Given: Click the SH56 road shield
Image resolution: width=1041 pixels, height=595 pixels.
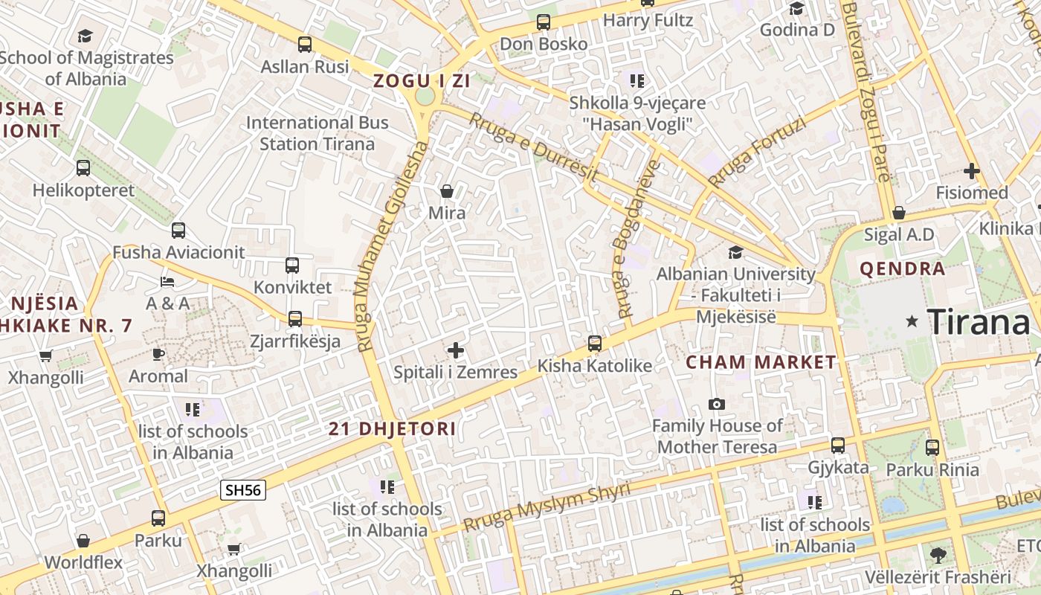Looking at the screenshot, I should coord(243,490).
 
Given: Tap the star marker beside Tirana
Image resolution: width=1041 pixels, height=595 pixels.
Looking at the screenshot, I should coord(912,321).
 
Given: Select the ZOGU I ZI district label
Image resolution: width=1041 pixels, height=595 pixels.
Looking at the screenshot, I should coord(422,81).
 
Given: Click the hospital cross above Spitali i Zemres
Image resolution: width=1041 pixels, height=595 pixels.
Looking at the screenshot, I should coord(456,350).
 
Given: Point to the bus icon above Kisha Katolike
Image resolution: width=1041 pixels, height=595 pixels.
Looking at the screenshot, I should coord(595,344).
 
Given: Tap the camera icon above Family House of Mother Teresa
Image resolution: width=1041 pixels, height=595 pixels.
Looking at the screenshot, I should coord(717,404).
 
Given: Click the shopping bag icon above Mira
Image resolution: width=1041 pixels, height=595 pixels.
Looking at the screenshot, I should coord(447,191).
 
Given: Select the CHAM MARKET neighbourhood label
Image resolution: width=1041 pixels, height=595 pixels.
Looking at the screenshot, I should coord(761,363).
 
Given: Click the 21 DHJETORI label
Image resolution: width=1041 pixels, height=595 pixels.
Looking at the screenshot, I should coord(393,429).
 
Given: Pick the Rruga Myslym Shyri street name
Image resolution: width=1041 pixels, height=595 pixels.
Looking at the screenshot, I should coord(547,506).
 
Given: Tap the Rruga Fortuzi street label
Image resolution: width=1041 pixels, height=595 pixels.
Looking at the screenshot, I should coord(757,152).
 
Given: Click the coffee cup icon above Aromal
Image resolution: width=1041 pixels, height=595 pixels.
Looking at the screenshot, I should coord(158,354).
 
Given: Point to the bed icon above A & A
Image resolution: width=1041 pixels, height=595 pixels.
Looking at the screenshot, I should coord(167,282).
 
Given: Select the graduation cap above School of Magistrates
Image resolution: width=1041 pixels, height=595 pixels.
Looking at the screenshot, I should coord(86,36).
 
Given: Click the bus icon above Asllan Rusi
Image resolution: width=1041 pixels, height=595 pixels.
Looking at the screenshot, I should coord(305,44).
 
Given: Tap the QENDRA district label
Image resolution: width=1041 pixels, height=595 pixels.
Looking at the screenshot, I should coord(902,268).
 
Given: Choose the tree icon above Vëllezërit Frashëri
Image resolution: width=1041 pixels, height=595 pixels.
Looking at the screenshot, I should coord(938,555).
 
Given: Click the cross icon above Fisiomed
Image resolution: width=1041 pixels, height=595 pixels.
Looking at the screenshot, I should coord(971,171).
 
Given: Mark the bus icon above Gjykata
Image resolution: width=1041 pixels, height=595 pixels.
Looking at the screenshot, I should coord(838,446).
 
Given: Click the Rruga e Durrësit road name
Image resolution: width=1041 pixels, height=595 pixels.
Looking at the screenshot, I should coord(534,147).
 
